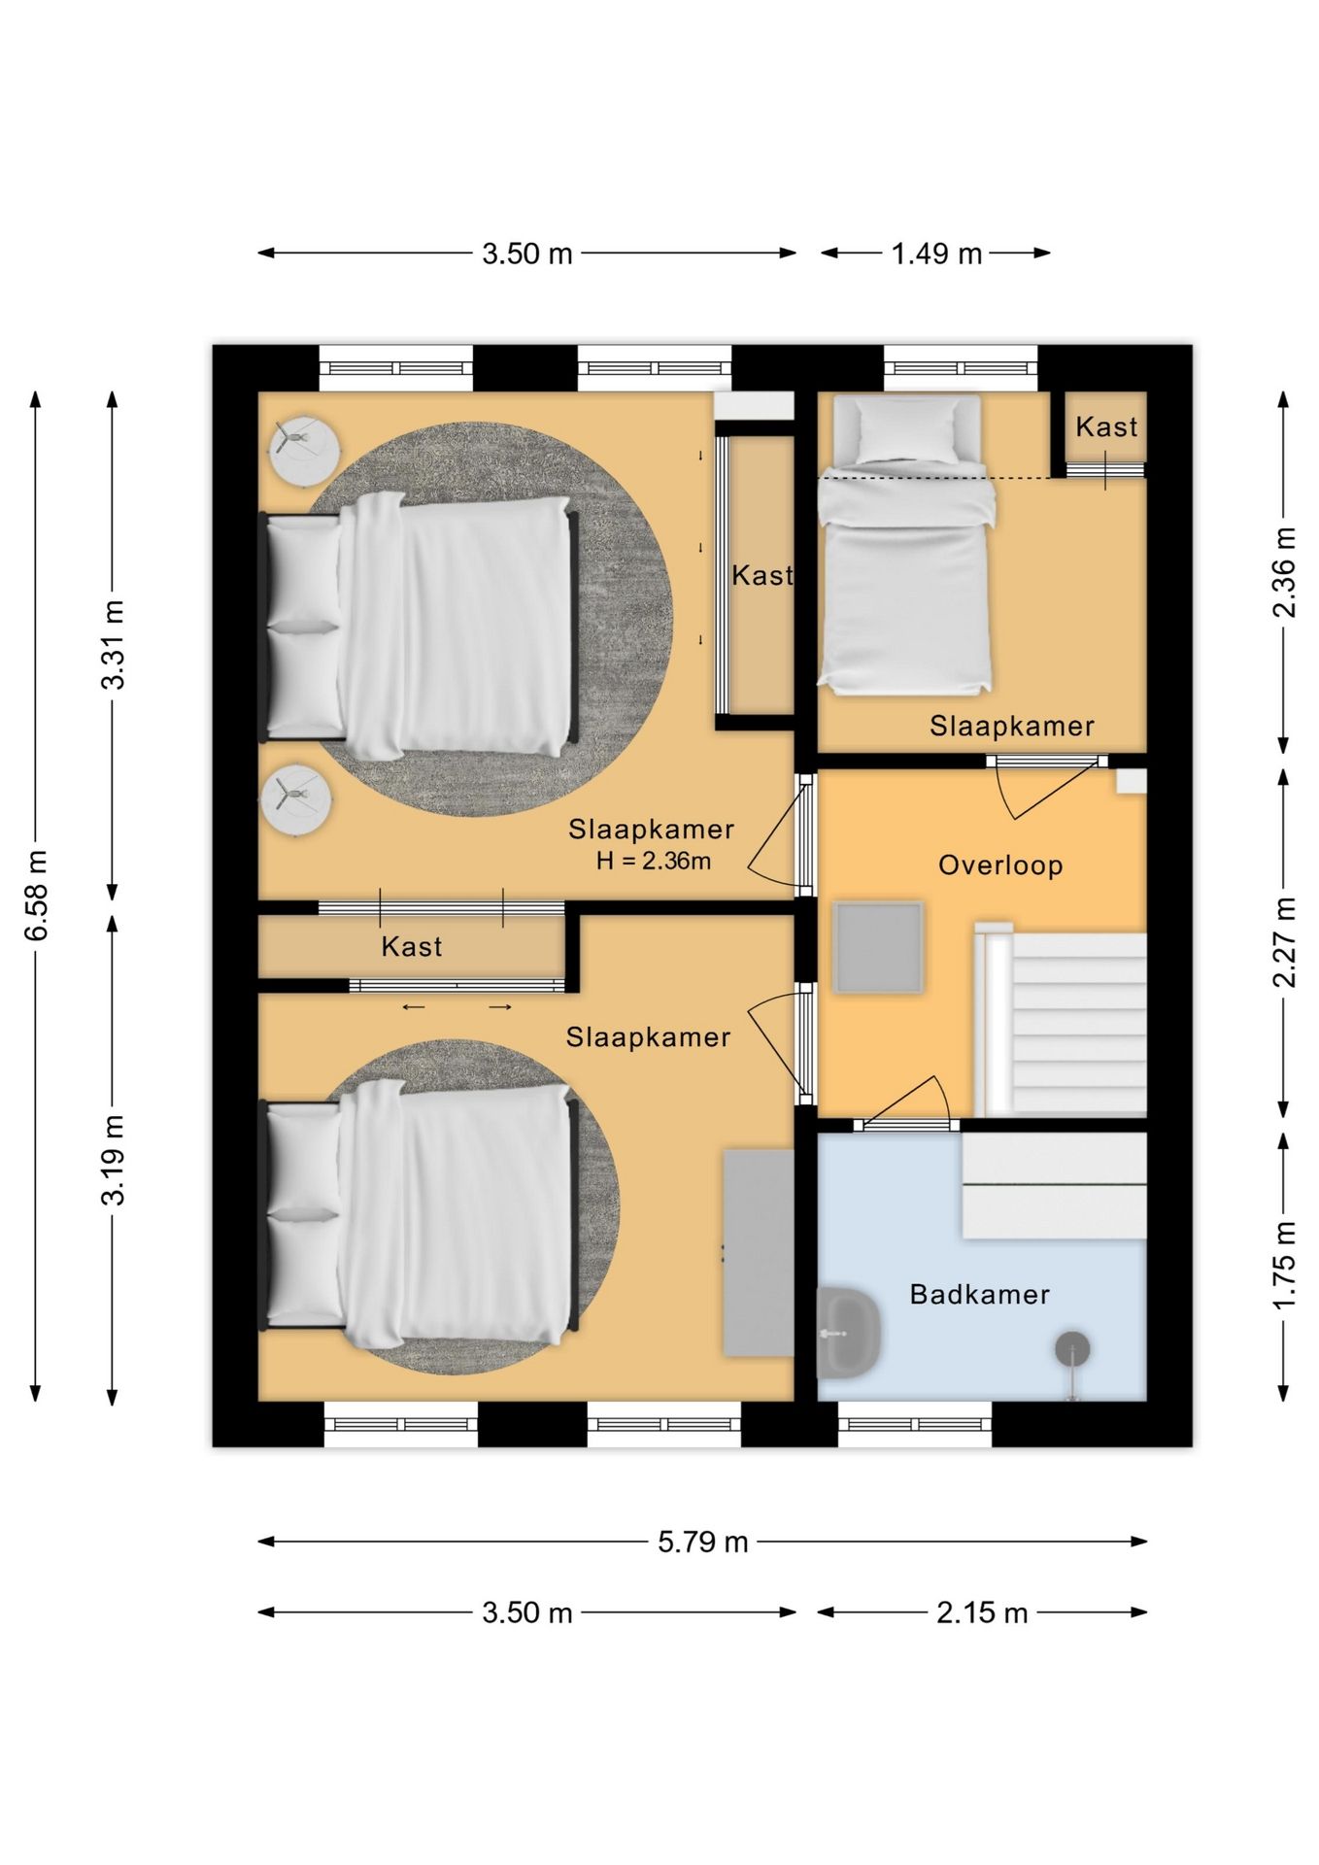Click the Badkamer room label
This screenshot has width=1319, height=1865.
pos(979,1294)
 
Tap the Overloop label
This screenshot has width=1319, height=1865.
pos(1000,865)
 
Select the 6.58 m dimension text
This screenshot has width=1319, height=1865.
pos(37,895)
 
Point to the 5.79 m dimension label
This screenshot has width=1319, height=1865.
pos(702,1542)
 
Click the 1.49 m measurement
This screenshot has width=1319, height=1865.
pos(936,254)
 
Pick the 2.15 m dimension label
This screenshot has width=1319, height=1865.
pos(981,1612)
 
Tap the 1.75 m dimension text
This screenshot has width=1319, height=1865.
pos(1283,1265)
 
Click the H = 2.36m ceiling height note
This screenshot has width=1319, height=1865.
pos(654,861)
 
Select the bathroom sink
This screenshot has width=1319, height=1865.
pos(848,1333)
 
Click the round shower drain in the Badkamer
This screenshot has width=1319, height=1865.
pos(1072,1348)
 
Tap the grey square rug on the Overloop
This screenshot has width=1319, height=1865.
pos(878,947)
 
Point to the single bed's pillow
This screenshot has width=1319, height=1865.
pos(906,429)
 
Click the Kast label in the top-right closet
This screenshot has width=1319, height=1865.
pos(1106,426)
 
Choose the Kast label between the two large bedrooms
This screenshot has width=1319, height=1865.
pos(412,946)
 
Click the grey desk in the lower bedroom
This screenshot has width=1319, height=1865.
pos(759,1253)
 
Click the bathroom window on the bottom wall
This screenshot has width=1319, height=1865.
pos(915,1424)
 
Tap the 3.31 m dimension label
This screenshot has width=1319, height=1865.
pos(114,645)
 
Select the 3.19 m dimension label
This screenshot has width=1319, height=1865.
pos(114,1160)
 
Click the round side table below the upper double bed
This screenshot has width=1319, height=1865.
pos(296,799)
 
